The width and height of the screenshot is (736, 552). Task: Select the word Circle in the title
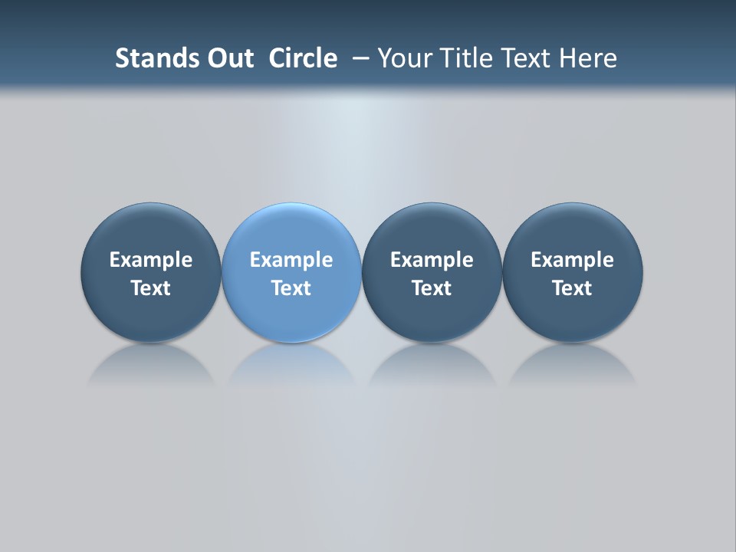[303, 58]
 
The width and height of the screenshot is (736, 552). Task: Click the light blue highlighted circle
[291, 230]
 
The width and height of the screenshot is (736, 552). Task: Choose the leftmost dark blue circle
[150, 230]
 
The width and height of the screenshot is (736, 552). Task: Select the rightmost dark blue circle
[572, 230]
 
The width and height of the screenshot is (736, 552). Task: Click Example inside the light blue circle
[291, 260]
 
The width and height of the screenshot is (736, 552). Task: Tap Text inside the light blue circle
[291, 288]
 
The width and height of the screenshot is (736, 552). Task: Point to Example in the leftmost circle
[150, 260]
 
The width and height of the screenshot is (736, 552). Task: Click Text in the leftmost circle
[150, 288]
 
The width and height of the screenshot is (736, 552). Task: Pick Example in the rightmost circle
[572, 260]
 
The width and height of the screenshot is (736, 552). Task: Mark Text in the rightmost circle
[572, 288]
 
